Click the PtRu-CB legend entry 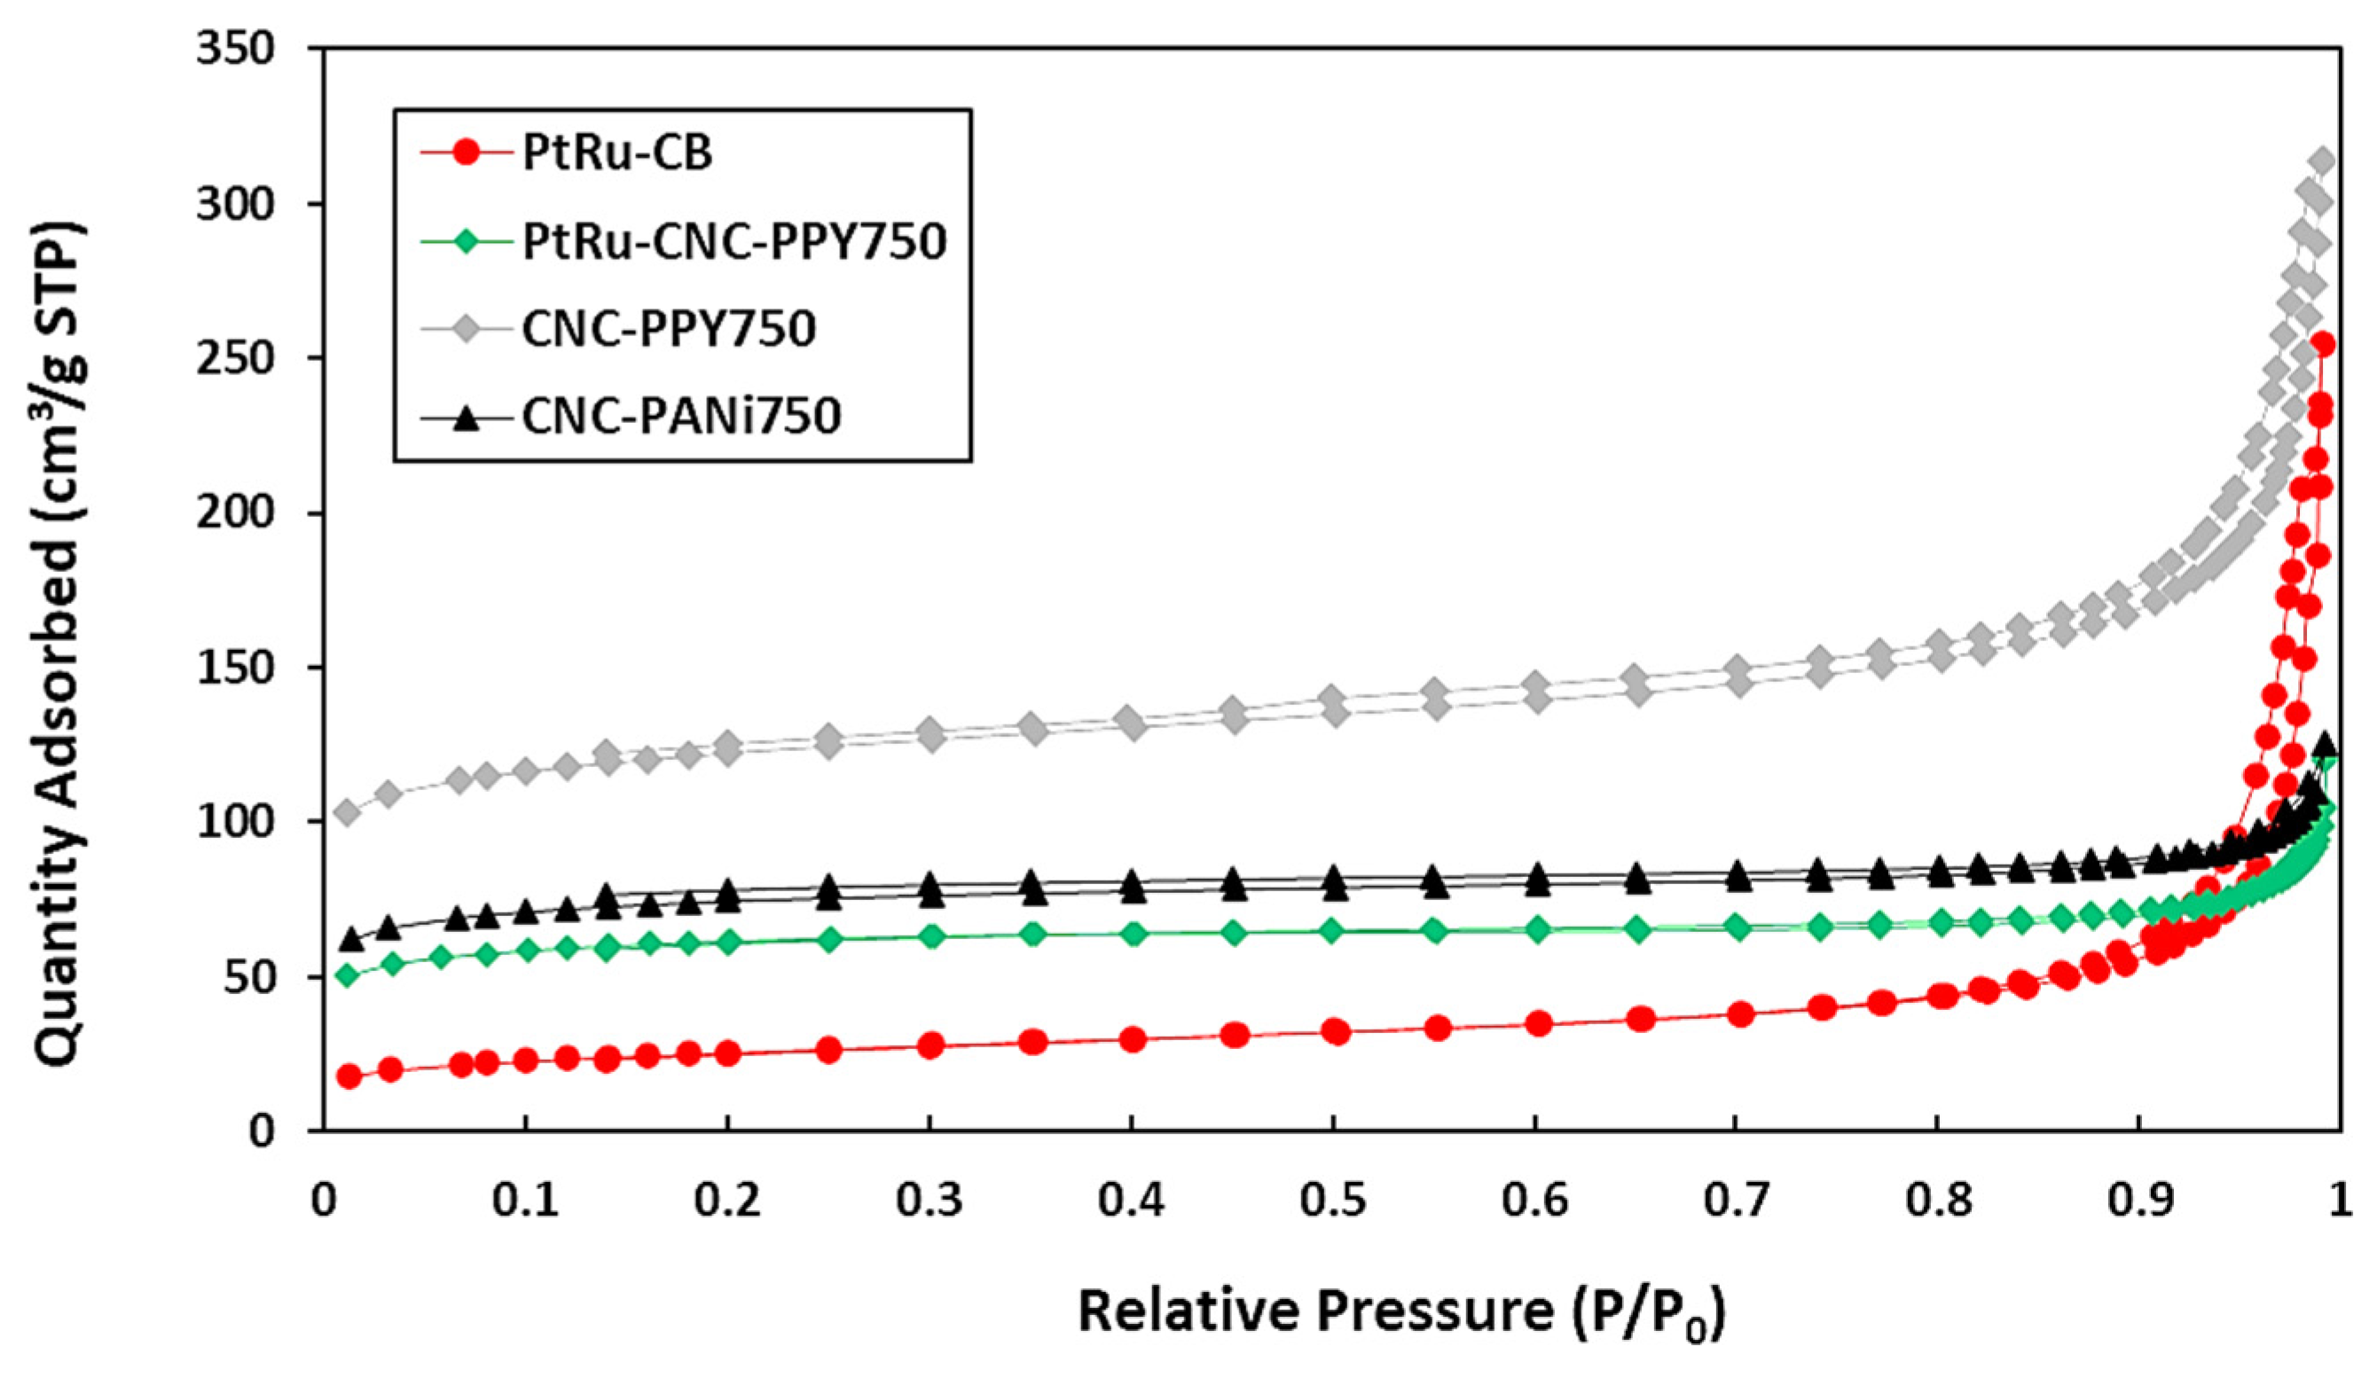tap(617, 153)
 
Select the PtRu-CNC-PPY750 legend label tap(733, 241)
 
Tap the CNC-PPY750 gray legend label tap(669, 328)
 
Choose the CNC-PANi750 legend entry tap(681, 416)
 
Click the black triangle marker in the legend tap(464, 418)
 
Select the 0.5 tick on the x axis tap(1332, 1202)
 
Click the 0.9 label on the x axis tap(2139, 1202)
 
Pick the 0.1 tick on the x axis tap(525, 1202)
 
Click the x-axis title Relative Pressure tap(1400, 1312)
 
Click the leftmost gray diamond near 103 tap(348, 812)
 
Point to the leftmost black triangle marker tap(351, 939)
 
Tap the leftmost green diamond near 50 tap(348, 975)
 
